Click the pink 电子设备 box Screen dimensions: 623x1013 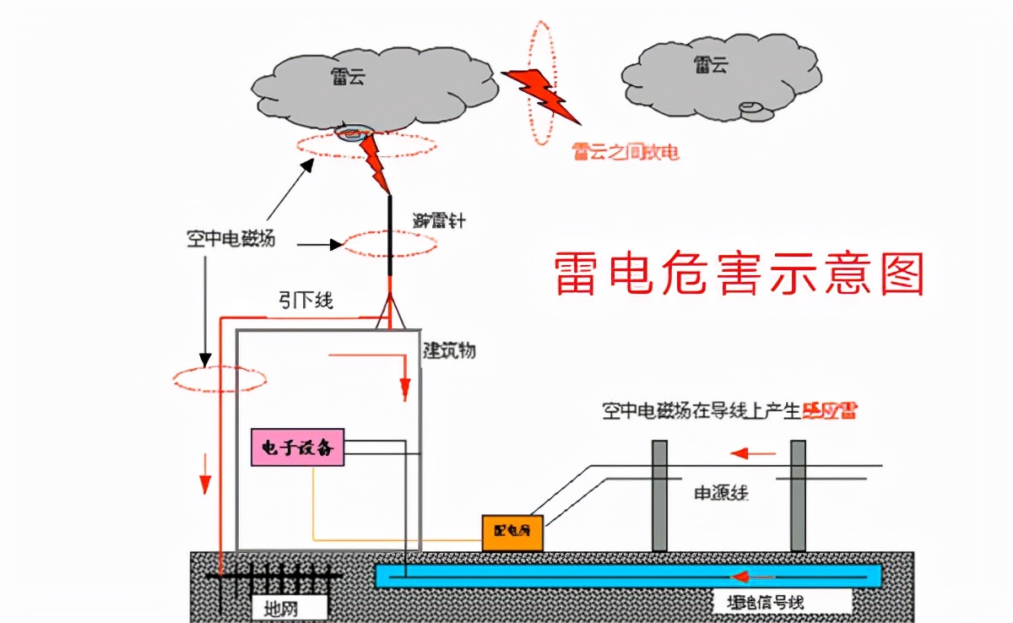pyautogui.click(x=298, y=447)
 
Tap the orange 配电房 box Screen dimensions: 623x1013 pyautogui.click(x=512, y=532)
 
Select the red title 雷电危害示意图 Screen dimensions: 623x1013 pyautogui.click(x=740, y=274)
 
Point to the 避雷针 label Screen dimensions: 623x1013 pyautogui.click(x=438, y=222)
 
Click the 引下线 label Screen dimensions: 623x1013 pyautogui.click(x=306, y=301)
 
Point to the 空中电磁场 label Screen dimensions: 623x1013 pyautogui.click(x=230, y=240)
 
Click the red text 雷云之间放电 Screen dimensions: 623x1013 pyautogui.click(x=625, y=152)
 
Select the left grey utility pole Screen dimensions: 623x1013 pyautogui.click(x=659, y=496)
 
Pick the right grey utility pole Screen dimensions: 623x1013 pyautogui.click(x=798, y=496)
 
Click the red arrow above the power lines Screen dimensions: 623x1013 pyautogui.click(x=753, y=453)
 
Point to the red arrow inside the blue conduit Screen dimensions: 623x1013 pyautogui.click(x=754, y=577)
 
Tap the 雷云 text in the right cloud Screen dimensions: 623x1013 pyautogui.click(x=711, y=65)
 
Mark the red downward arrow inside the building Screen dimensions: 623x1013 pyautogui.click(x=404, y=383)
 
